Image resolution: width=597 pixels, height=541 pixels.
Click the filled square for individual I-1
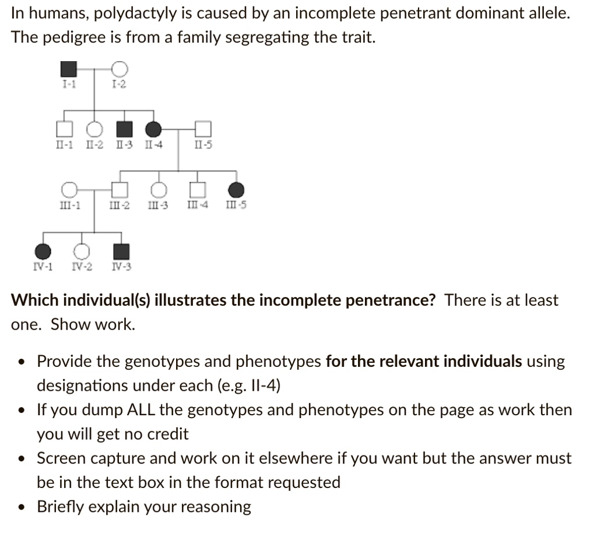(x=69, y=69)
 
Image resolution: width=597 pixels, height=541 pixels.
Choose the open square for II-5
(x=202, y=128)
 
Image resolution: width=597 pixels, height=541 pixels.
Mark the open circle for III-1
(x=69, y=190)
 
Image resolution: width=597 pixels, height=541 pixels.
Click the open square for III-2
(x=120, y=190)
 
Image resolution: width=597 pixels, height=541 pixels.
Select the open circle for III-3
(x=158, y=190)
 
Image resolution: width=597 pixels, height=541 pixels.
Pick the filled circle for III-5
(x=237, y=190)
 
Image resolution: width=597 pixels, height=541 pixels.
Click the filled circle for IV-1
(x=43, y=251)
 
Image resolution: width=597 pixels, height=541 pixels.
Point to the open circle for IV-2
(x=82, y=251)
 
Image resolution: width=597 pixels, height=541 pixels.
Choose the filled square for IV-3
(x=121, y=251)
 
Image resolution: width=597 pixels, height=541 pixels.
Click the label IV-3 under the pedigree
(x=121, y=267)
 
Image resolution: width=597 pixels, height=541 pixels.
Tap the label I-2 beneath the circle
(x=118, y=85)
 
